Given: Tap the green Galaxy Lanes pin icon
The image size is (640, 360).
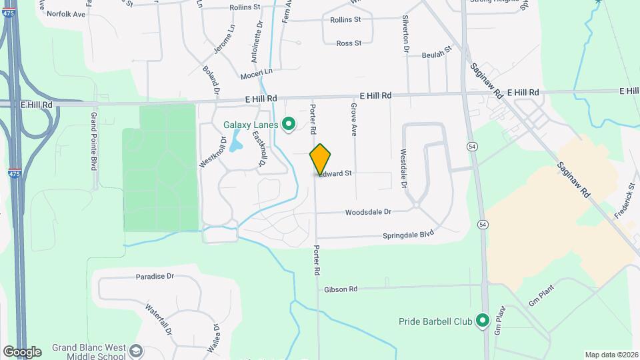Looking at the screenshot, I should [289, 124].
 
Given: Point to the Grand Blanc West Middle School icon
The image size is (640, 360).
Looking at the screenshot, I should [136, 351].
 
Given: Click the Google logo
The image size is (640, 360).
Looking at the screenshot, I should [21, 352].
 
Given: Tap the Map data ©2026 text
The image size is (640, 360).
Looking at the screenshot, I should [611, 355].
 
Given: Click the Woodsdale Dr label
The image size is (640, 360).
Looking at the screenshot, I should [367, 213].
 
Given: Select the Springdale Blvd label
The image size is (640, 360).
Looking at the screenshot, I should [408, 235].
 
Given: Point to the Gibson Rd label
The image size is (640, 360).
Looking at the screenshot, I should [341, 289].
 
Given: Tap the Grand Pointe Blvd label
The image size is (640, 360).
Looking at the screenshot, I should [94, 141].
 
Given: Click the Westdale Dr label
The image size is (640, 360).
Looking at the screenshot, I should [403, 167].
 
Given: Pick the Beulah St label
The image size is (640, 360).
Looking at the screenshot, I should [437, 52].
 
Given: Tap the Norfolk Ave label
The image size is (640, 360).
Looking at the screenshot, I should [65, 13].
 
